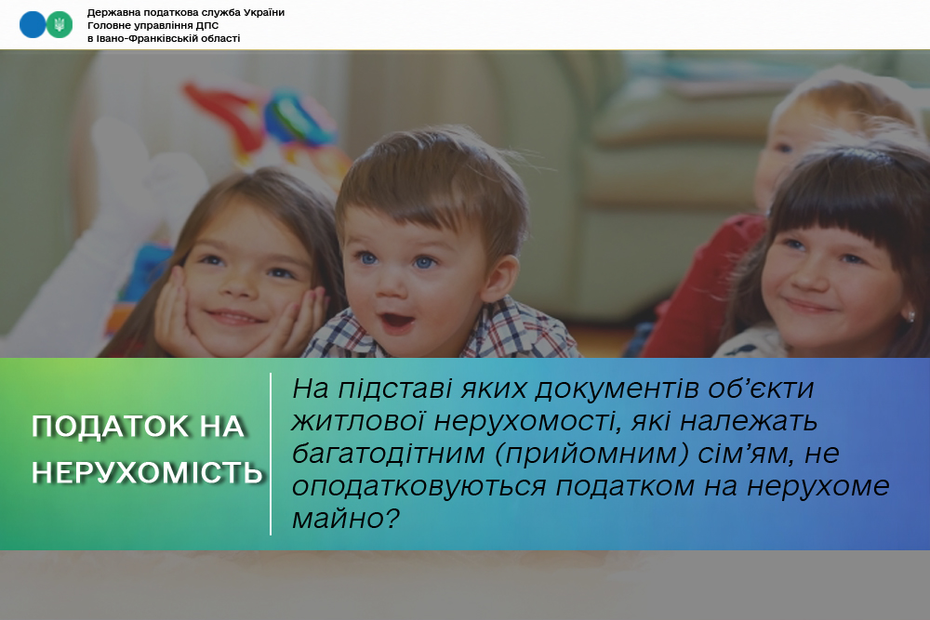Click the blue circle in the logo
(32, 25)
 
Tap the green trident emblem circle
(60, 25)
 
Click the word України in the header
(261, 12)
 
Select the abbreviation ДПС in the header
(207, 25)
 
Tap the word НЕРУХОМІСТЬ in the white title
(147, 473)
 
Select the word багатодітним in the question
(389, 455)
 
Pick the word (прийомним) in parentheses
(591, 455)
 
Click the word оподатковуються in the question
(419, 487)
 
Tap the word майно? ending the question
(346, 520)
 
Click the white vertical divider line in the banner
(271, 454)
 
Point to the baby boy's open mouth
(397, 322)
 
